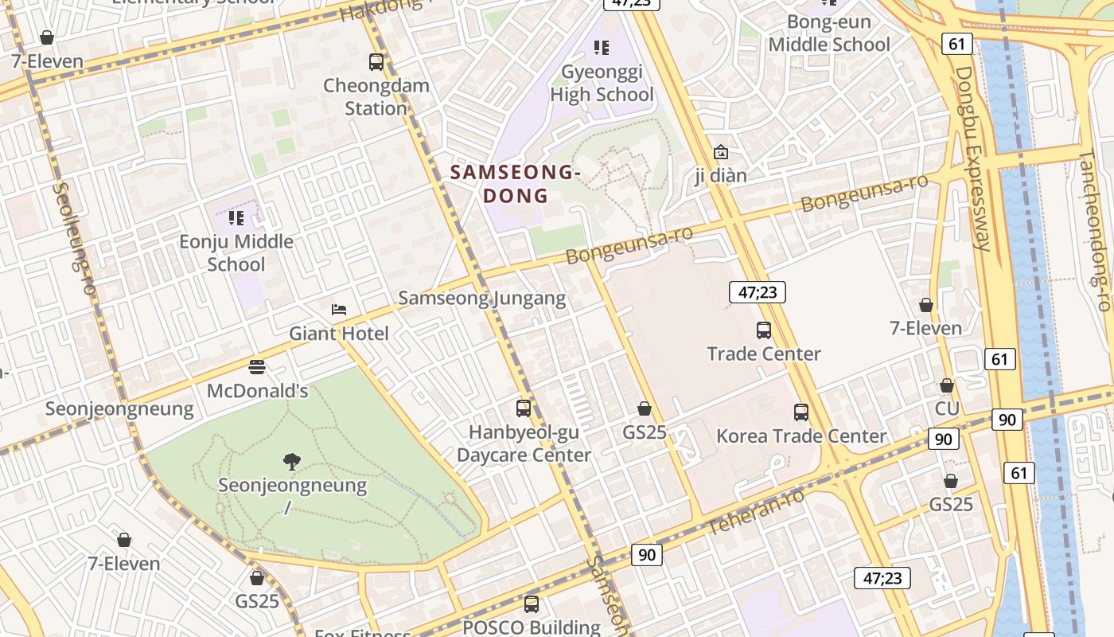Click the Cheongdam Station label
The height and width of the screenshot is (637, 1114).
coord(376,97)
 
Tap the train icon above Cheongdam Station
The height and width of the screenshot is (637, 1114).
coord(376,61)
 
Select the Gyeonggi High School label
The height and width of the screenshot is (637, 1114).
coord(602,84)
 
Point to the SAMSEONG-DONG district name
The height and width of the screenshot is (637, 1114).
coord(515,184)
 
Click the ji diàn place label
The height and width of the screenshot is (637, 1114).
coord(721,175)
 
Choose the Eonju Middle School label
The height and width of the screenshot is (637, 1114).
coord(236,252)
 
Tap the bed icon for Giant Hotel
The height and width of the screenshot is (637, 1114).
coord(339,310)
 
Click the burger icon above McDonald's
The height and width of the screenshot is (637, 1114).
coord(257,367)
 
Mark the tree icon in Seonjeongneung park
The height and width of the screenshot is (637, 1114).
coord(292,460)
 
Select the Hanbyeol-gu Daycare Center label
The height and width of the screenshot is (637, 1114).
coord(524,444)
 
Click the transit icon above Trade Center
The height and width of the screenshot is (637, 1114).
coord(764,330)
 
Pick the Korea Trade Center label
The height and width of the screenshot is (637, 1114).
coord(801,436)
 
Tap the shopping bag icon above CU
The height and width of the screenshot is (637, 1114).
coord(947,385)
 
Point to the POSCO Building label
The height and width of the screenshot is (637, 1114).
coord(532,627)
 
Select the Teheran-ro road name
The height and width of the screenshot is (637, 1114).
coord(756,511)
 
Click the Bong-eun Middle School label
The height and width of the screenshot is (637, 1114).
coord(829,33)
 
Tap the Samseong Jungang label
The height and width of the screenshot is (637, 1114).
coord(482,299)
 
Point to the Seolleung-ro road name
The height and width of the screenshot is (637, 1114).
coord(74,239)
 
